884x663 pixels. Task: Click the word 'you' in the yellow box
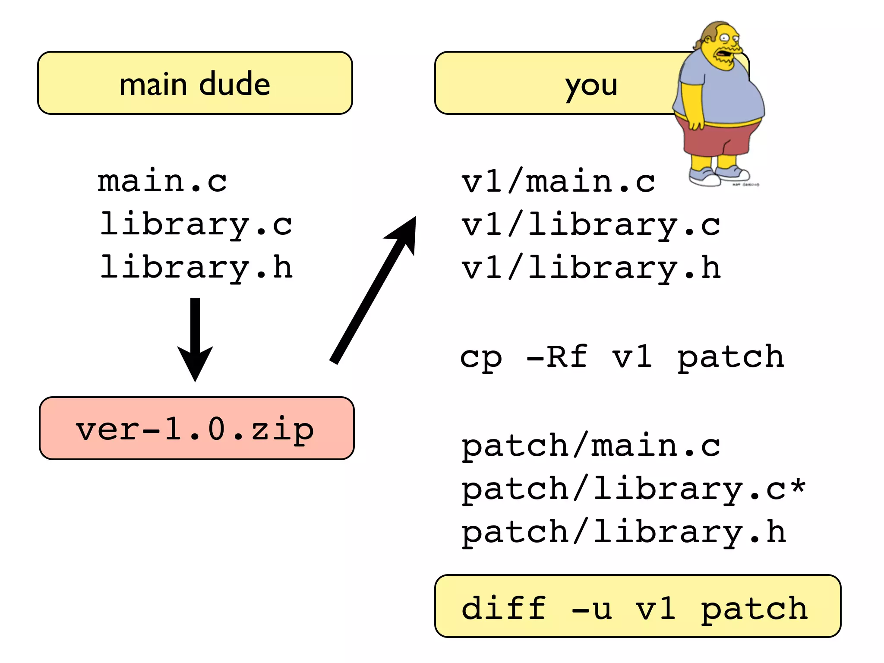591,85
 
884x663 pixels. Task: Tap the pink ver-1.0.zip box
196,428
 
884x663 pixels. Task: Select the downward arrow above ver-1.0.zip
195,341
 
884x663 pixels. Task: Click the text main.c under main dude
162,181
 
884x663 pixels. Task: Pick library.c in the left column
196,224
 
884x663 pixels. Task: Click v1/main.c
558,181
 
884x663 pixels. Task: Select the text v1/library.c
590,225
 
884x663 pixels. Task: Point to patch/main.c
590,446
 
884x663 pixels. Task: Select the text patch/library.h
623,532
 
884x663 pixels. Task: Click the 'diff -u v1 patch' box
637,606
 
